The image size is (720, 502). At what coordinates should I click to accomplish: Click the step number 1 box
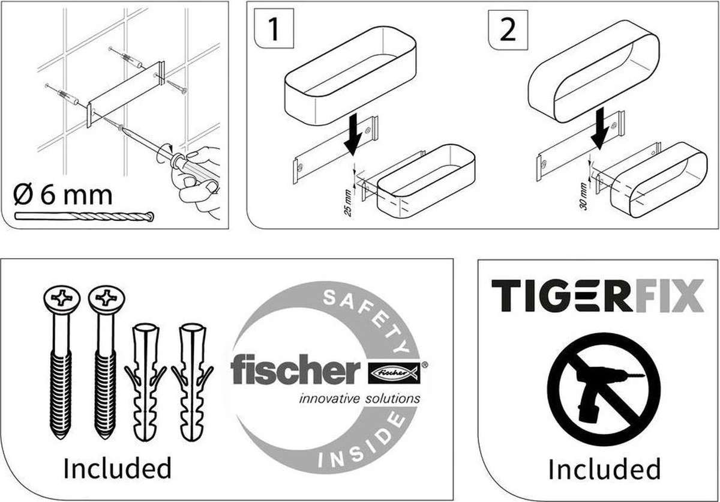point(273,30)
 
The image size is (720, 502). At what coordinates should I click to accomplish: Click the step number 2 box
point(507,30)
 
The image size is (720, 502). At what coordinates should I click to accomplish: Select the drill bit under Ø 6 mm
point(84,216)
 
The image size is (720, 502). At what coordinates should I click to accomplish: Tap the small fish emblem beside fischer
point(394,373)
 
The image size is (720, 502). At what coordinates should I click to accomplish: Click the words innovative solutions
point(359,398)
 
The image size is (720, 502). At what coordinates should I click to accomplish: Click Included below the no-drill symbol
point(604,469)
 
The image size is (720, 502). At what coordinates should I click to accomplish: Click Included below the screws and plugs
point(117,468)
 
